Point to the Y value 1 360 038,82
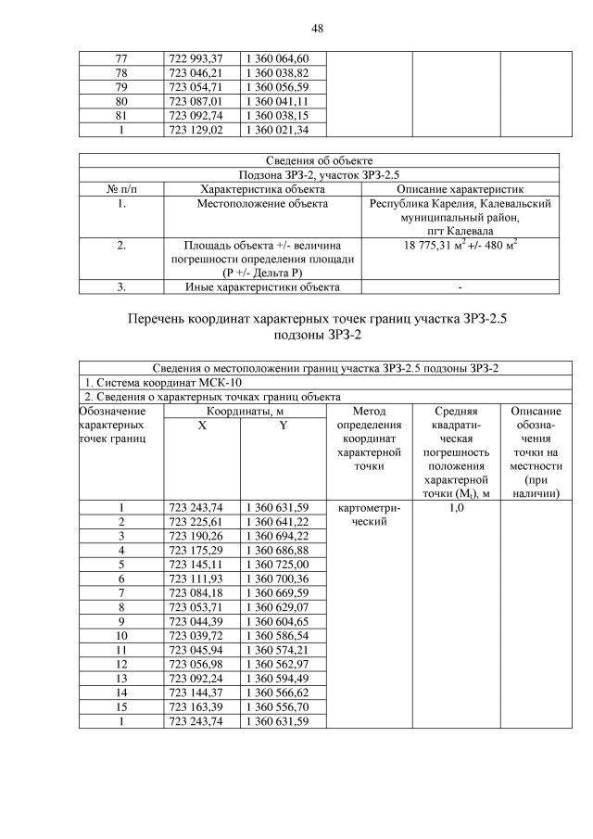283,72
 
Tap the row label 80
120,101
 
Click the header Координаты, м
245,410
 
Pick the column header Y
283,424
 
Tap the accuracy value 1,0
455,507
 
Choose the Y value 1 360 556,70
283,707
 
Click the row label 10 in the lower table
120,635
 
